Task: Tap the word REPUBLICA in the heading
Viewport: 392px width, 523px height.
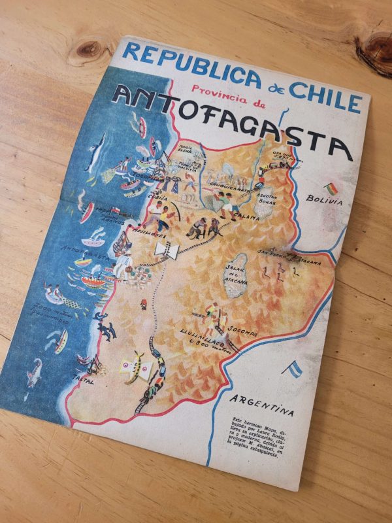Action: tap(189, 69)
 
